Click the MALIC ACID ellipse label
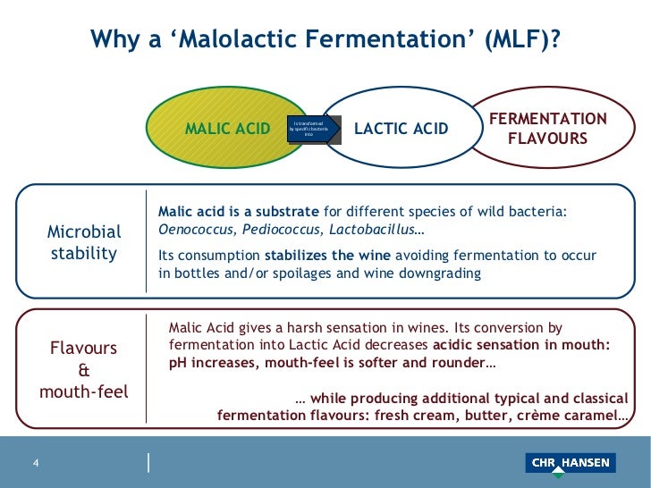(x=227, y=129)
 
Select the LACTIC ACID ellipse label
(x=402, y=129)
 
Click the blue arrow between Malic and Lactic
(x=312, y=130)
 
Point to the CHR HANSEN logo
(x=570, y=463)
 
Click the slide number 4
(x=36, y=463)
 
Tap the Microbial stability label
(x=84, y=242)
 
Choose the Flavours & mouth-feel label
(x=84, y=369)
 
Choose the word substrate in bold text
(x=285, y=211)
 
